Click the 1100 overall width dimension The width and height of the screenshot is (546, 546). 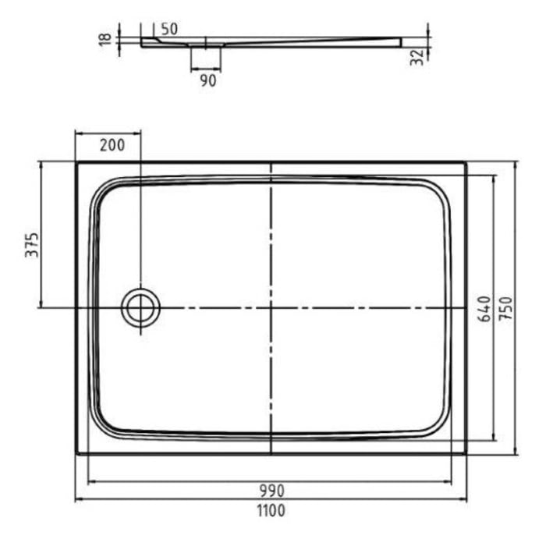click(271, 512)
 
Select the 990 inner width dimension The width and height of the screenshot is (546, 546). click(271, 491)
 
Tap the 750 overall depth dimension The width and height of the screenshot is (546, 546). click(505, 310)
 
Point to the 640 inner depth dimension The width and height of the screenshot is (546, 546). click(483, 310)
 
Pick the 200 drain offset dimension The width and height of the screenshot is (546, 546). click(112, 144)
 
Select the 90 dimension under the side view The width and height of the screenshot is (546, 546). click(207, 80)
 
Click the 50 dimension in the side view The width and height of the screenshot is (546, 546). click(169, 30)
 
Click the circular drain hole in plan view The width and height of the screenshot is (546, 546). click(140, 308)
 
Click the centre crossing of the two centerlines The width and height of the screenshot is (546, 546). click(271, 308)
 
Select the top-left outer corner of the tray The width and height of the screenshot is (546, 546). click(77, 163)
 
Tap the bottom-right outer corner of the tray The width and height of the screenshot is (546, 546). click(466, 453)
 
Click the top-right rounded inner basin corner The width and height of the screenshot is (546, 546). click(441, 191)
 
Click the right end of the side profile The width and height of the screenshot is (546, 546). click(400, 42)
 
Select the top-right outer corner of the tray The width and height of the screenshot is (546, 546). click(466, 163)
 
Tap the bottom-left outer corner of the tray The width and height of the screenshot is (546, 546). click(77, 453)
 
